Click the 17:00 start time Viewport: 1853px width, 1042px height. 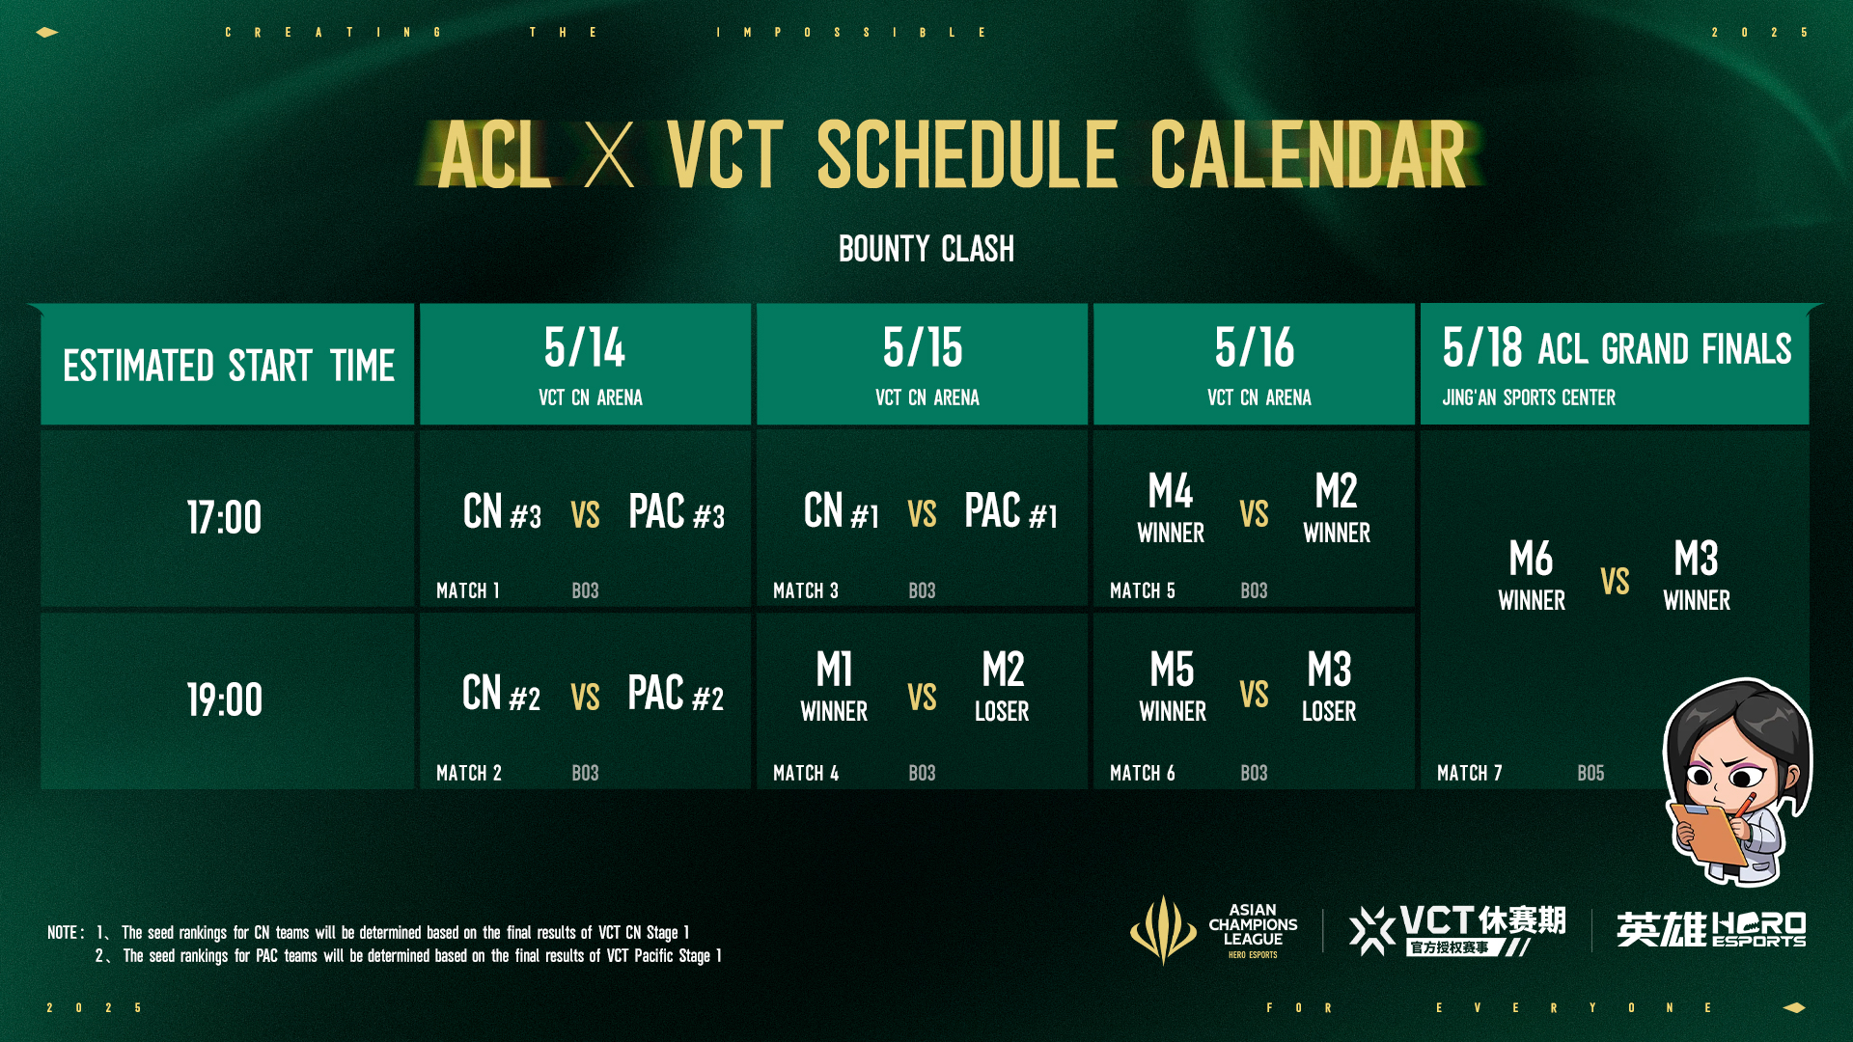(x=224, y=518)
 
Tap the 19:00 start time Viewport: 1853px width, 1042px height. (x=224, y=699)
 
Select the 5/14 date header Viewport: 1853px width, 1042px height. (x=585, y=348)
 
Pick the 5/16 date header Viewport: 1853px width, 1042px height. (x=1255, y=348)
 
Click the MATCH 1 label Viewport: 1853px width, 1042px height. (x=468, y=590)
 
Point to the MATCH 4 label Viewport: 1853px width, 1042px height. (x=806, y=773)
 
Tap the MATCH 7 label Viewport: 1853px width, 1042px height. (x=1469, y=773)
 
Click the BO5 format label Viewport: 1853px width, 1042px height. (x=1590, y=773)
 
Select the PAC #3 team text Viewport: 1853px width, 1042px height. (x=676, y=512)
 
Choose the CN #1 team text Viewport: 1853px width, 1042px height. (x=841, y=512)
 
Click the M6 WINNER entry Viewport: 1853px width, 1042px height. (x=1532, y=576)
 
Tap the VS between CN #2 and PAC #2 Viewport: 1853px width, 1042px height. (x=585, y=697)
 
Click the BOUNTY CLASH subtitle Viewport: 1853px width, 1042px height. (x=926, y=249)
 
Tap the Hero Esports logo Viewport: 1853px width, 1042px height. (x=1710, y=929)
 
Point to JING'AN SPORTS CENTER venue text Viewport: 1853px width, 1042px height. (x=1529, y=398)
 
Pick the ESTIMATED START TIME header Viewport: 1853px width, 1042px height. (x=229, y=366)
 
